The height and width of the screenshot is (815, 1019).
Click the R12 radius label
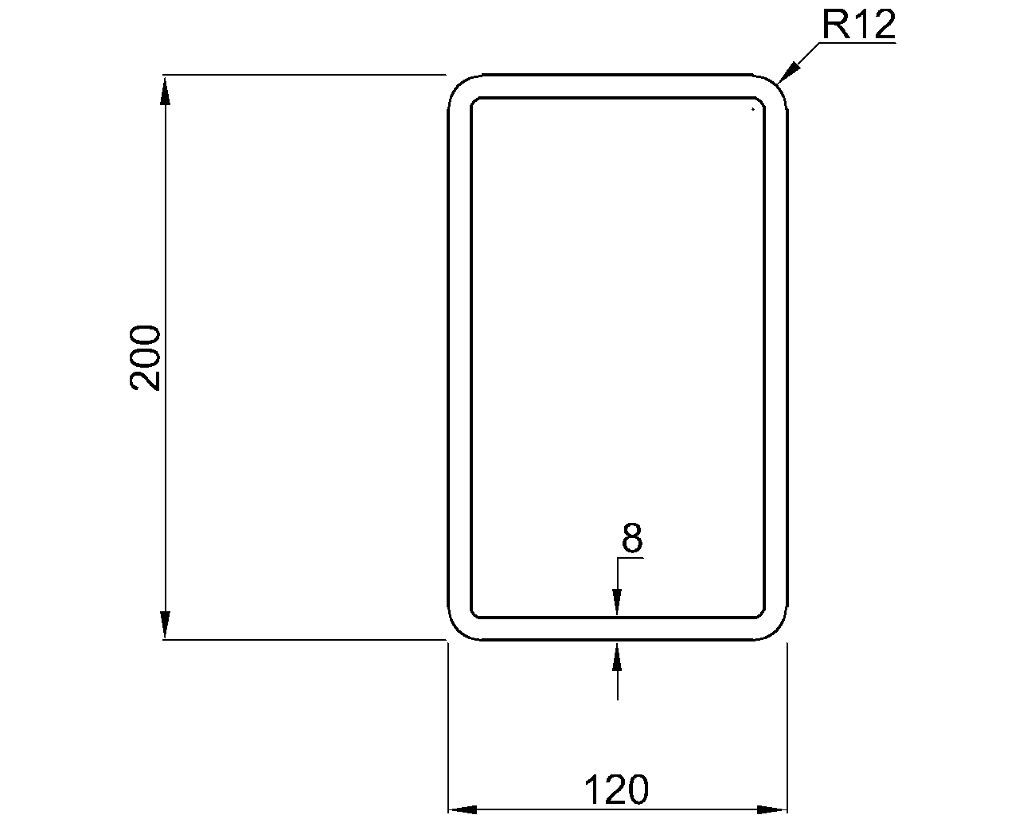point(858,25)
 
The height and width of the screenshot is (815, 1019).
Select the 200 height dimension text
point(146,357)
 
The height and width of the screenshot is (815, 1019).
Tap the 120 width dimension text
point(617,790)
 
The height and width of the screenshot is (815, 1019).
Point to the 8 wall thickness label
point(631,539)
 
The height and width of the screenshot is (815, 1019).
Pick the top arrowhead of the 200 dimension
point(165,88)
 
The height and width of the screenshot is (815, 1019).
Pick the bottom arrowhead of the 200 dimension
point(165,626)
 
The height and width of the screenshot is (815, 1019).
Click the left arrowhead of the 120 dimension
point(462,809)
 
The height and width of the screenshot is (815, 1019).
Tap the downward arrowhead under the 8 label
point(618,603)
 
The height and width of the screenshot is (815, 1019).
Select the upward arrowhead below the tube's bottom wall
point(618,654)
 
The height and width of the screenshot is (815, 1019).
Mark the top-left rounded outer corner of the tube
point(458,84)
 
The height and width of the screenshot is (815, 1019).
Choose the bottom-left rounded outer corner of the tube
point(458,630)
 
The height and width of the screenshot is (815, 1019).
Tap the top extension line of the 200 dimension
point(303,75)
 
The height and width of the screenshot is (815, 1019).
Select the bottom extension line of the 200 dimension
point(303,640)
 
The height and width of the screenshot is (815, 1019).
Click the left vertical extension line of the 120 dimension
point(448,724)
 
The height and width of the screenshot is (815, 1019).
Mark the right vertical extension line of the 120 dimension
point(787,724)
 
